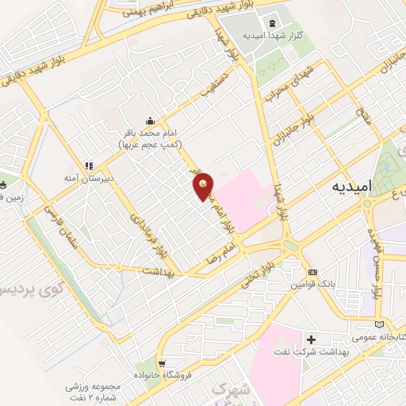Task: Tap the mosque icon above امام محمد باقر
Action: click(150, 121)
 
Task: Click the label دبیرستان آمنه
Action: click(90, 178)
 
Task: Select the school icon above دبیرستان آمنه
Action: click(89, 166)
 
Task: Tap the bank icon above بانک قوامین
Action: click(312, 271)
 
